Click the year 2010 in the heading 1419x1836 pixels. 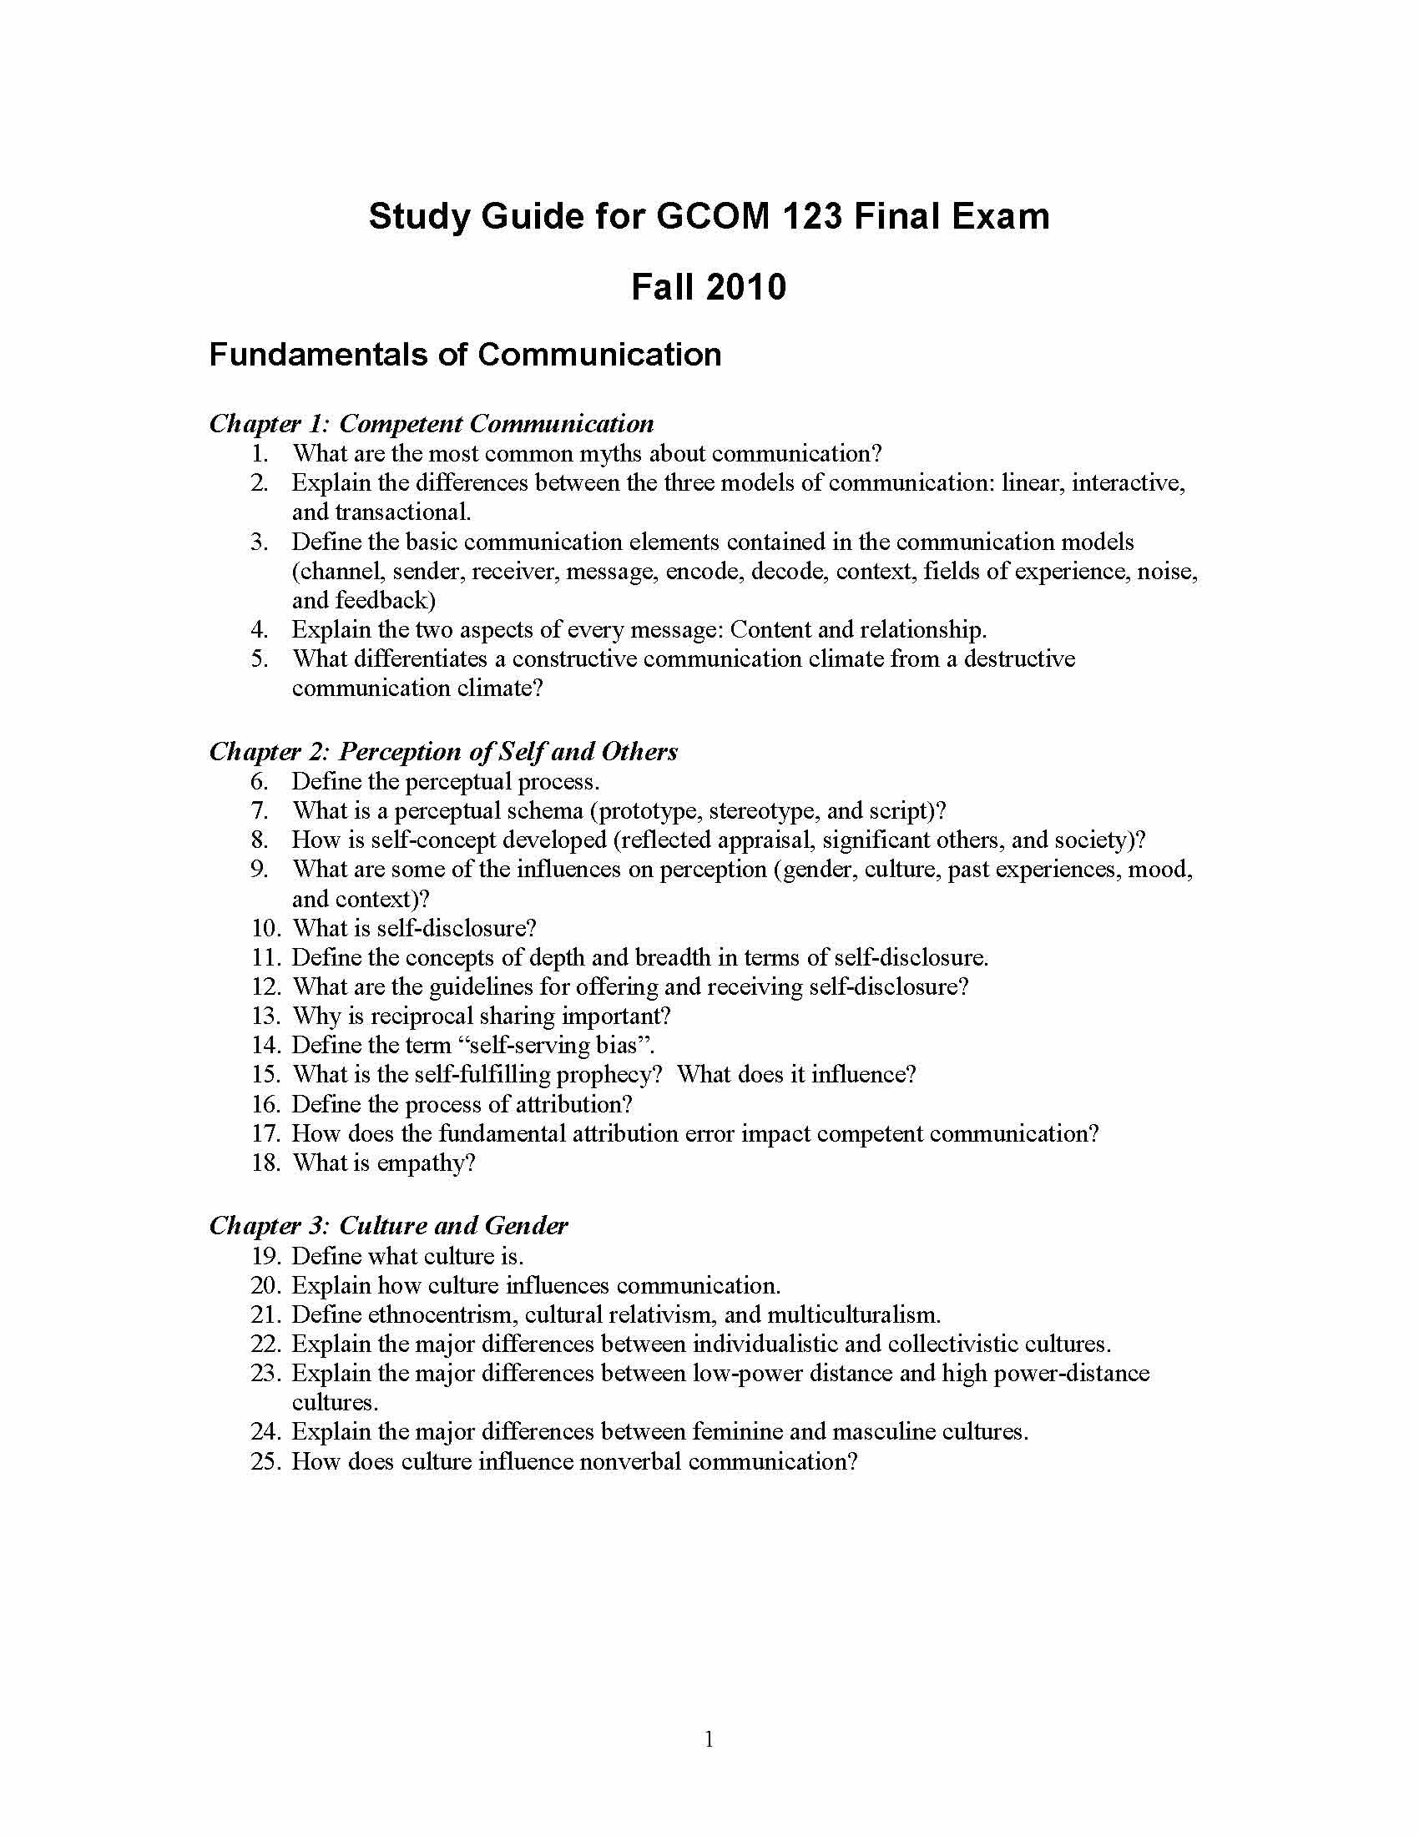coord(745,288)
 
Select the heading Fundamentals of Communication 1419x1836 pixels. coord(465,355)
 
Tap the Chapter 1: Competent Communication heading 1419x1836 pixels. coord(432,423)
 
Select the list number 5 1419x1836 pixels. coord(260,658)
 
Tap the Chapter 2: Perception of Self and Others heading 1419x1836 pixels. coord(443,751)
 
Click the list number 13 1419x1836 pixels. coord(265,1016)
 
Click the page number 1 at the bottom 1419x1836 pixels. coord(709,1739)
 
